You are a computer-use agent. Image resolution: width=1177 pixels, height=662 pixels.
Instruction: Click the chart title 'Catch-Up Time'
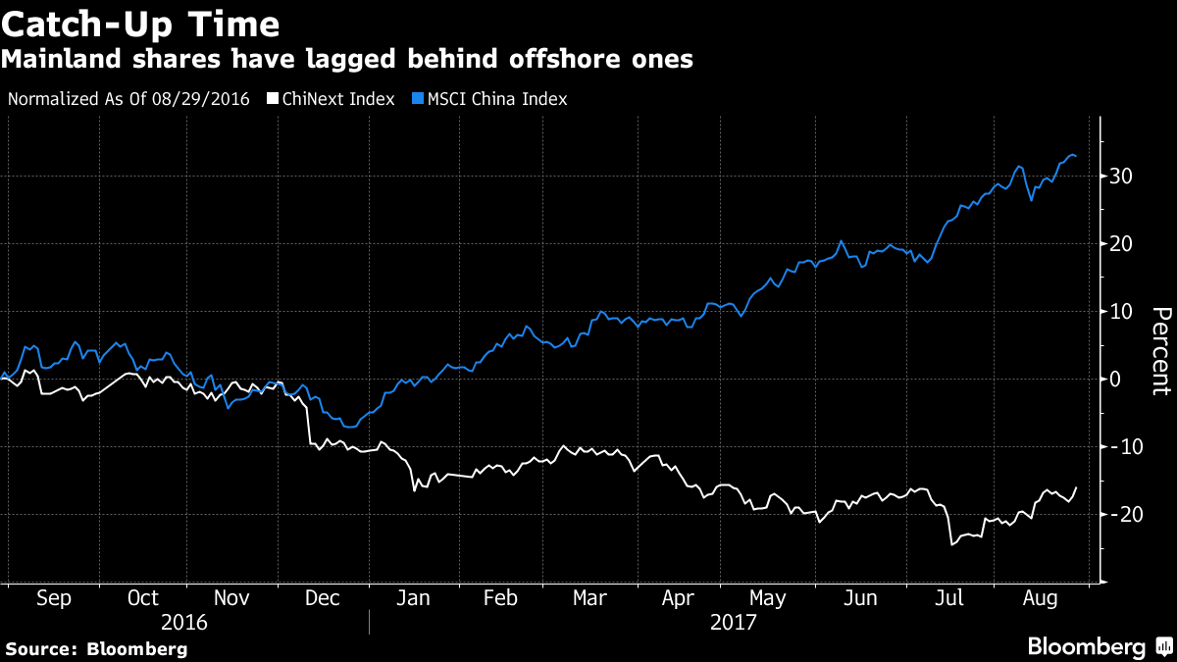(x=140, y=24)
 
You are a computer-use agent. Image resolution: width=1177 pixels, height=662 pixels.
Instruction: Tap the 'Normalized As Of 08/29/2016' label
(x=128, y=99)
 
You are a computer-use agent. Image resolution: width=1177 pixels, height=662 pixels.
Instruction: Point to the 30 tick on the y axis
(x=1122, y=177)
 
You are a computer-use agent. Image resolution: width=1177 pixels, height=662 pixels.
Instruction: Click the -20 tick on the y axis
(x=1119, y=515)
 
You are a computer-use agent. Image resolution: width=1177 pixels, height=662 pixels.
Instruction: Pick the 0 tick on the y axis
(x=1116, y=380)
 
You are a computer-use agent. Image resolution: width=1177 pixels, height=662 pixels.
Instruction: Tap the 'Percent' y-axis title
(x=1161, y=350)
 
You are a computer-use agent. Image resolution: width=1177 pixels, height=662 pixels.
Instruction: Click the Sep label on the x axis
(x=53, y=598)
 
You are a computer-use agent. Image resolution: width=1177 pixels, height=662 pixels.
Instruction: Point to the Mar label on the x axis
(x=588, y=598)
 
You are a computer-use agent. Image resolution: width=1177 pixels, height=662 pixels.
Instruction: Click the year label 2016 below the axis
(x=184, y=622)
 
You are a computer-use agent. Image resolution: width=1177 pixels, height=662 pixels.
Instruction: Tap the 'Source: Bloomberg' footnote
(x=96, y=648)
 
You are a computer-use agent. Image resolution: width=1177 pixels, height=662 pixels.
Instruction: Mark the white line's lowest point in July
(x=951, y=544)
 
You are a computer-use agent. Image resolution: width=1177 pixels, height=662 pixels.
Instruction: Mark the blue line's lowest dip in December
(x=348, y=427)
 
